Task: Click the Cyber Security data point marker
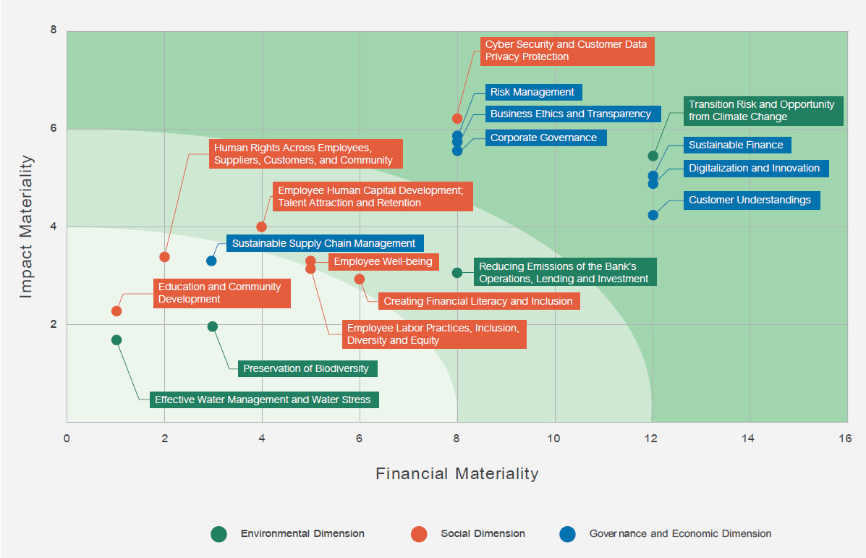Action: tap(457, 119)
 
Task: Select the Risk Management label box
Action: tap(532, 92)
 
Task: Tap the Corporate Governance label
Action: tap(544, 138)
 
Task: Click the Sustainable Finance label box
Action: tap(736, 145)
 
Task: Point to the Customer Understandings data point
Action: tap(653, 215)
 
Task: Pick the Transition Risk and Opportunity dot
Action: tap(653, 156)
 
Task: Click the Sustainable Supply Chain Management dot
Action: tap(211, 261)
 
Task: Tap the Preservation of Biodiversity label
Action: tap(306, 368)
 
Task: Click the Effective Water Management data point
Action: tap(116, 340)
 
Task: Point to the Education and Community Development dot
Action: tap(116, 311)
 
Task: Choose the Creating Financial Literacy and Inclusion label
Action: tap(478, 301)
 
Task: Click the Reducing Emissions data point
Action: tap(457, 273)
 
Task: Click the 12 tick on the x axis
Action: tap(652, 439)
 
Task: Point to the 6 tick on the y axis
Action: tap(53, 129)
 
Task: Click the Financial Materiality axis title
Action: tap(457, 474)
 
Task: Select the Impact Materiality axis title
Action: tap(27, 226)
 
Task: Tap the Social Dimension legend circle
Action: tap(419, 534)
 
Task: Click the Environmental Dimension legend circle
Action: tap(219, 534)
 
